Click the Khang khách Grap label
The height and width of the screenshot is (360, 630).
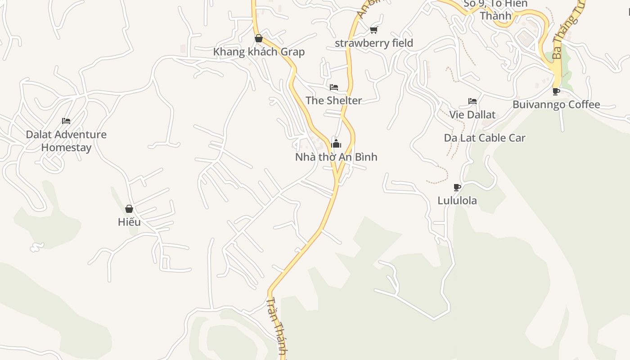[259, 52]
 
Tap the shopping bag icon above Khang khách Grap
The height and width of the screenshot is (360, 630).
[259, 38]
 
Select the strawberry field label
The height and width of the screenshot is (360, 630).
[374, 43]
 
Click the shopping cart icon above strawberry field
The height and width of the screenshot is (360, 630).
[373, 30]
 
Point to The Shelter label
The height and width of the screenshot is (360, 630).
[334, 100]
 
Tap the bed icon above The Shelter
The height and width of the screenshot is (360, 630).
[334, 87]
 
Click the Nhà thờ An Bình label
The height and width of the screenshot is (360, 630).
[336, 157]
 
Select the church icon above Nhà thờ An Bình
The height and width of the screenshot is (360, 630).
[336, 144]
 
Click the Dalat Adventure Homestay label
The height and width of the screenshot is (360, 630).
[66, 141]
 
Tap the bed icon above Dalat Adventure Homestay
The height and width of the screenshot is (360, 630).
[66, 121]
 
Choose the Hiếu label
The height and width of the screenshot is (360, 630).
[129, 222]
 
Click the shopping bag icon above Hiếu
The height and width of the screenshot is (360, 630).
[129, 209]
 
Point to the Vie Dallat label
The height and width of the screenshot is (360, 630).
[472, 115]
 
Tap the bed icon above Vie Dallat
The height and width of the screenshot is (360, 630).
[472, 101]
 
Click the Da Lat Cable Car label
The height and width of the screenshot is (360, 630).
[485, 138]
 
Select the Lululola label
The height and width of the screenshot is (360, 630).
[457, 201]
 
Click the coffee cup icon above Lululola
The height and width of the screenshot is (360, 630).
[457, 187]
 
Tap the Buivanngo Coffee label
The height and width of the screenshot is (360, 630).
[556, 105]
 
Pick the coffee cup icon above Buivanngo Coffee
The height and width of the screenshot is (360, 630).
[556, 91]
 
